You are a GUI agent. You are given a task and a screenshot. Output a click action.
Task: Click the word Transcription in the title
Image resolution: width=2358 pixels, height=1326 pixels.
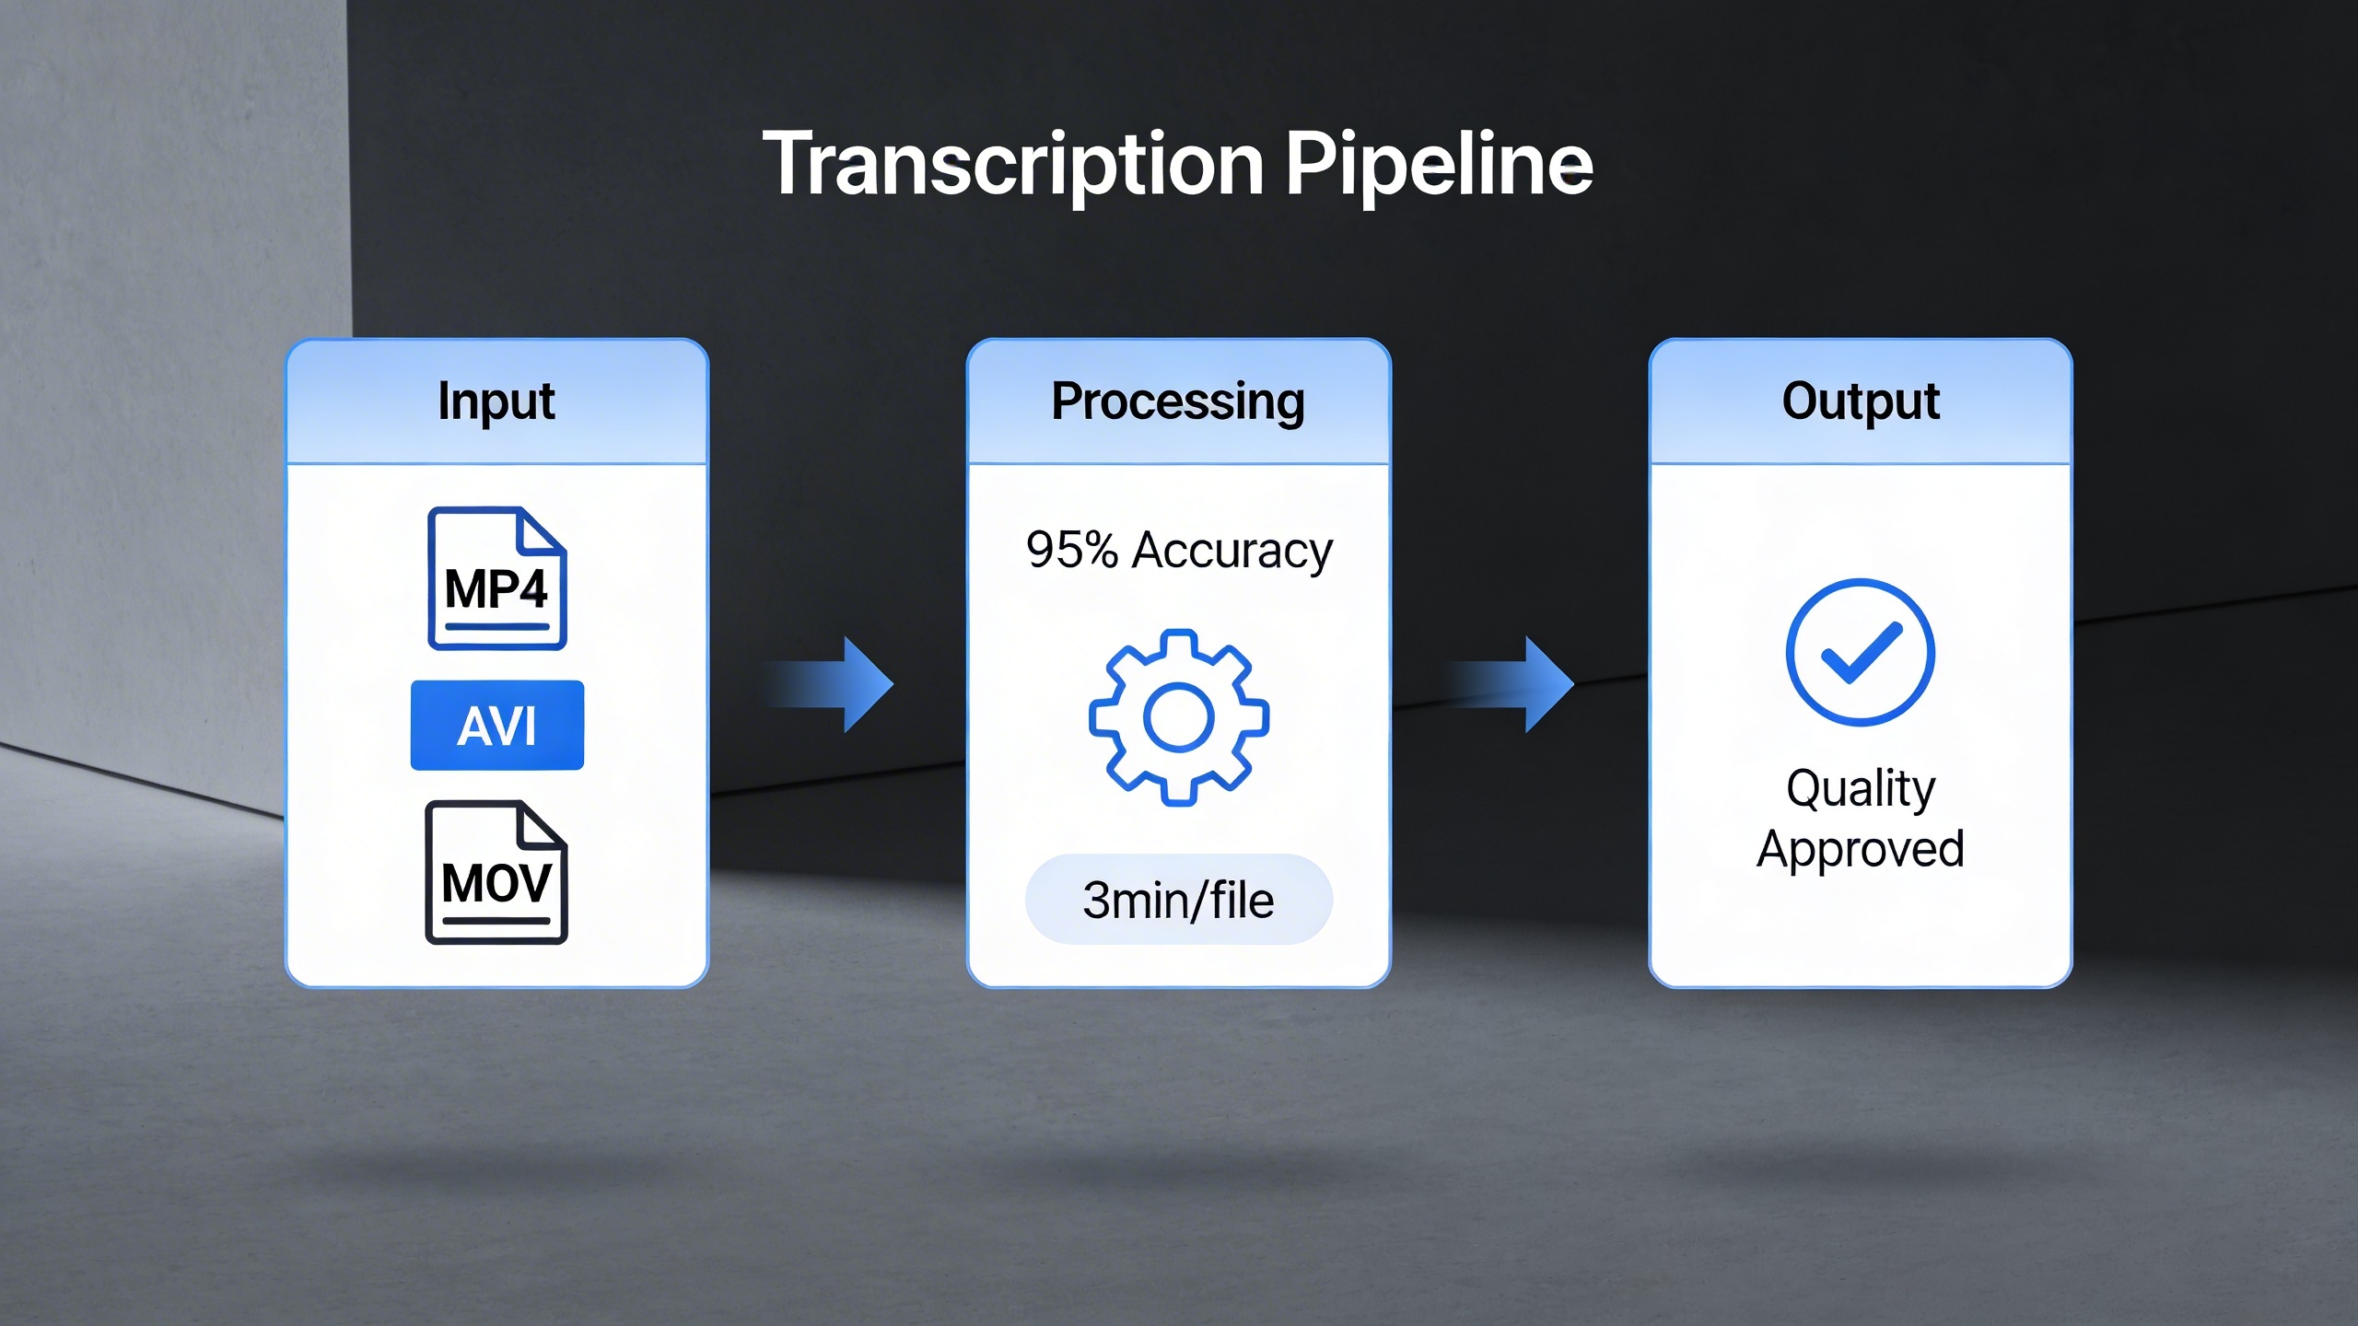click(x=1013, y=166)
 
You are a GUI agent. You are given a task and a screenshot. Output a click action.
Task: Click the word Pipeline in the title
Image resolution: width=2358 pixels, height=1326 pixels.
click(x=1439, y=166)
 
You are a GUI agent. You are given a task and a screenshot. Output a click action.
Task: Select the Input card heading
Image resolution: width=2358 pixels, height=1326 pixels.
click(x=496, y=401)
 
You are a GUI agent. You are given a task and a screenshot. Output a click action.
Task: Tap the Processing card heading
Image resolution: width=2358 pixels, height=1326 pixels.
click(x=1178, y=401)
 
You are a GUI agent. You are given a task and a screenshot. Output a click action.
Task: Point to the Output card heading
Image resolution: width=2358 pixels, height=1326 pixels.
click(x=1861, y=401)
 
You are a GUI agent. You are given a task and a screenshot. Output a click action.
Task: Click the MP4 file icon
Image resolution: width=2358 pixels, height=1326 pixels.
click(x=496, y=578)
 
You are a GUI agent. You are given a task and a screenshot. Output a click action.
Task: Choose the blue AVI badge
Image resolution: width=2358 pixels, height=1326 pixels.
click(x=496, y=726)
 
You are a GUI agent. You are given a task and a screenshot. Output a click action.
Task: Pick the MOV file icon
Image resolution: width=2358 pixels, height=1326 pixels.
click(x=496, y=873)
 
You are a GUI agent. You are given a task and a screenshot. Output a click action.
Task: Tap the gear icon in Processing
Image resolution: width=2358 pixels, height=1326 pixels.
click(x=1179, y=718)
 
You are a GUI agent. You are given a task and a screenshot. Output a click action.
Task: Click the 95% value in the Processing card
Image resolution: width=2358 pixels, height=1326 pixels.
click(x=1071, y=551)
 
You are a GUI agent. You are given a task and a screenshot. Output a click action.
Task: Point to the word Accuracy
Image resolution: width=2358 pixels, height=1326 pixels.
click(x=1232, y=551)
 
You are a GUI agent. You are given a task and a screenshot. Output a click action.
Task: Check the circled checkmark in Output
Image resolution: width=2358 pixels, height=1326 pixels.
click(x=1860, y=652)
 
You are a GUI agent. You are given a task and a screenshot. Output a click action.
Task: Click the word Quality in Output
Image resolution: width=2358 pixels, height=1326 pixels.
click(x=1861, y=788)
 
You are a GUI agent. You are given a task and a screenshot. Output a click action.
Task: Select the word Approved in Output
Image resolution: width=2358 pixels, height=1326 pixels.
click(x=1861, y=849)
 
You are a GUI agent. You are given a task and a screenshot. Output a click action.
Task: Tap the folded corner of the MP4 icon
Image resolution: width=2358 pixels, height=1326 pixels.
click(x=542, y=531)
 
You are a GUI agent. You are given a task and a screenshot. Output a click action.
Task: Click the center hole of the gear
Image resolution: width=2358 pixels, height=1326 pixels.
click(x=1179, y=718)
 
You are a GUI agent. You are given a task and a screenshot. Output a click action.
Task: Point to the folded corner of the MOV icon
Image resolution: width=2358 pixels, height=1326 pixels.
click(x=542, y=825)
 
